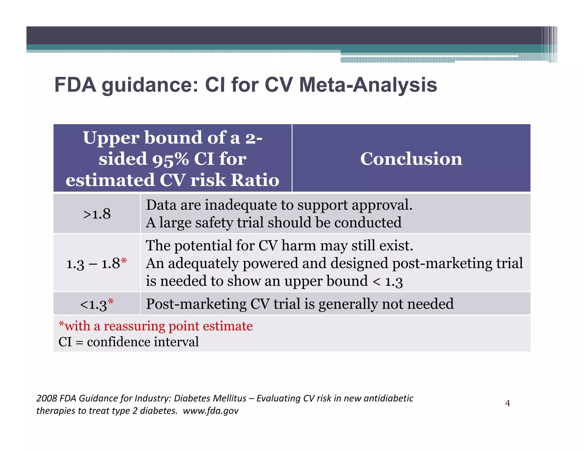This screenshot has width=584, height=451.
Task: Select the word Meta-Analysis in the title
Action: (368, 85)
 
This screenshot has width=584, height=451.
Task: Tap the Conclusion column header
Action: (411, 159)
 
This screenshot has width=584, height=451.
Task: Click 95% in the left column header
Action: (170, 159)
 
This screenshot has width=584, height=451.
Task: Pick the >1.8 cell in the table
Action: (97, 214)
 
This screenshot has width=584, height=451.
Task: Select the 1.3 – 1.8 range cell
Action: (93, 263)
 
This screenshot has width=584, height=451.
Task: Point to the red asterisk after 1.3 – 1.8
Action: (123, 261)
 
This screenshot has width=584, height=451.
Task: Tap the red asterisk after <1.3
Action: (111, 302)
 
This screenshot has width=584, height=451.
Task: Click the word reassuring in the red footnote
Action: (134, 326)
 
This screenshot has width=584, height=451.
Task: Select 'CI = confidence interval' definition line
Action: (128, 342)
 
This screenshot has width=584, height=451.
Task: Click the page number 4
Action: (507, 403)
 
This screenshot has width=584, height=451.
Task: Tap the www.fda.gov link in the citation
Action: (210, 411)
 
